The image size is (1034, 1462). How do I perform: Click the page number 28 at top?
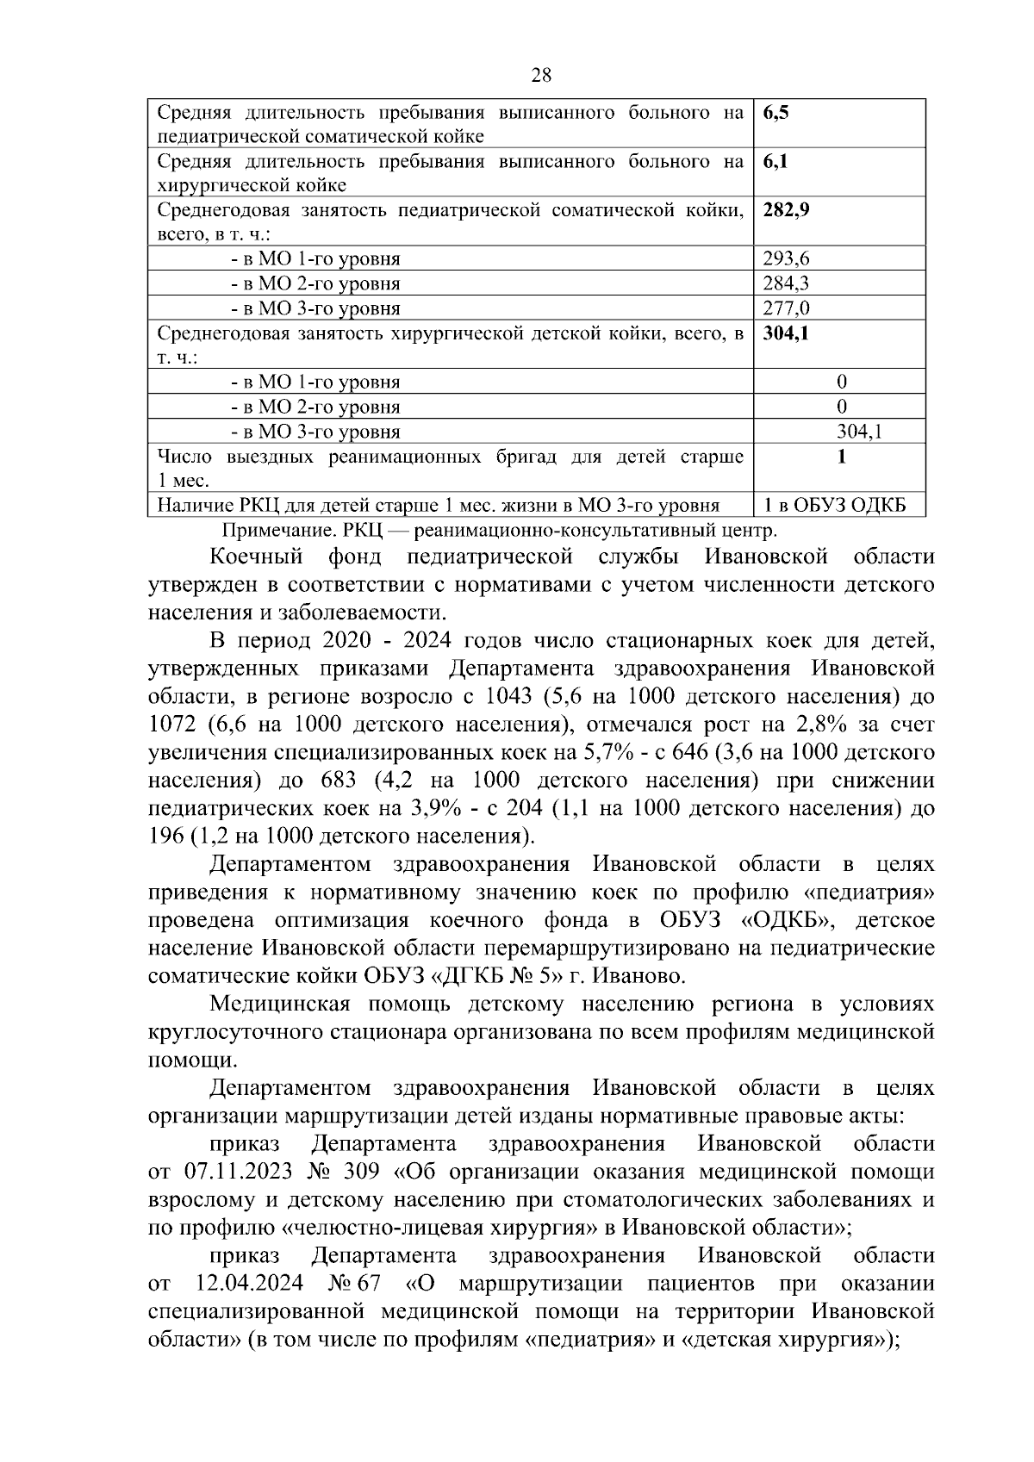pyautogui.click(x=541, y=75)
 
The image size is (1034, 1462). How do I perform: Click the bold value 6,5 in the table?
pyautogui.click(x=775, y=112)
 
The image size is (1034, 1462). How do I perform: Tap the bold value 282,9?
pyautogui.click(x=786, y=210)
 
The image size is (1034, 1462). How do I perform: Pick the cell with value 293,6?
pyautogui.click(x=786, y=258)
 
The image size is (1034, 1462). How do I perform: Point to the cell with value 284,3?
pyautogui.click(x=786, y=283)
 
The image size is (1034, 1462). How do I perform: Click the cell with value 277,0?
pyautogui.click(x=786, y=308)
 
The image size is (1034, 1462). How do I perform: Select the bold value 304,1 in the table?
pyautogui.click(x=786, y=333)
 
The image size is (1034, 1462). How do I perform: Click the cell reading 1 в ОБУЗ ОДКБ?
pyautogui.click(x=838, y=506)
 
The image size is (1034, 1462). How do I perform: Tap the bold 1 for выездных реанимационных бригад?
pyautogui.click(x=841, y=457)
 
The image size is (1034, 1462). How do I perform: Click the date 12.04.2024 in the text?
pyautogui.click(x=250, y=1283)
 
